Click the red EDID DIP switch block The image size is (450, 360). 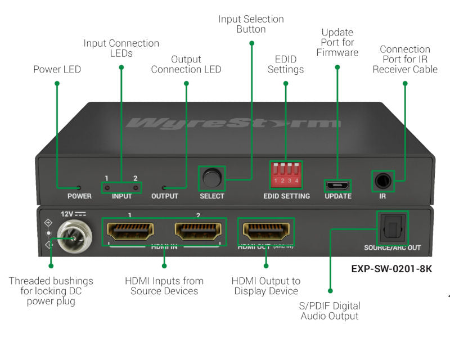point(286,175)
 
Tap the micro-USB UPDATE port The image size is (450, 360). point(337,185)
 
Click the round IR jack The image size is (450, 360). point(385,181)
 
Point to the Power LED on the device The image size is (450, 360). point(78,187)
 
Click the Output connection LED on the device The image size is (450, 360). point(164,187)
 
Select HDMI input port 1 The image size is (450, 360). point(129,231)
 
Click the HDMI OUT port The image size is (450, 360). point(265,231)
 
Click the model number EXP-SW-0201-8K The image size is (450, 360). point(391,268)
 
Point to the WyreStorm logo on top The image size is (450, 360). point(233,123)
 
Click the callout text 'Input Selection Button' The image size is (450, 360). point(251,24)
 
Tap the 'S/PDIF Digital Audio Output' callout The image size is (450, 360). point(330,311)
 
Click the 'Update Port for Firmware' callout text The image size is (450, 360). point(337,42)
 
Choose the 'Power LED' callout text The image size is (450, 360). point(57,70)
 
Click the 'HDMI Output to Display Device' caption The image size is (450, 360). point(266,286)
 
